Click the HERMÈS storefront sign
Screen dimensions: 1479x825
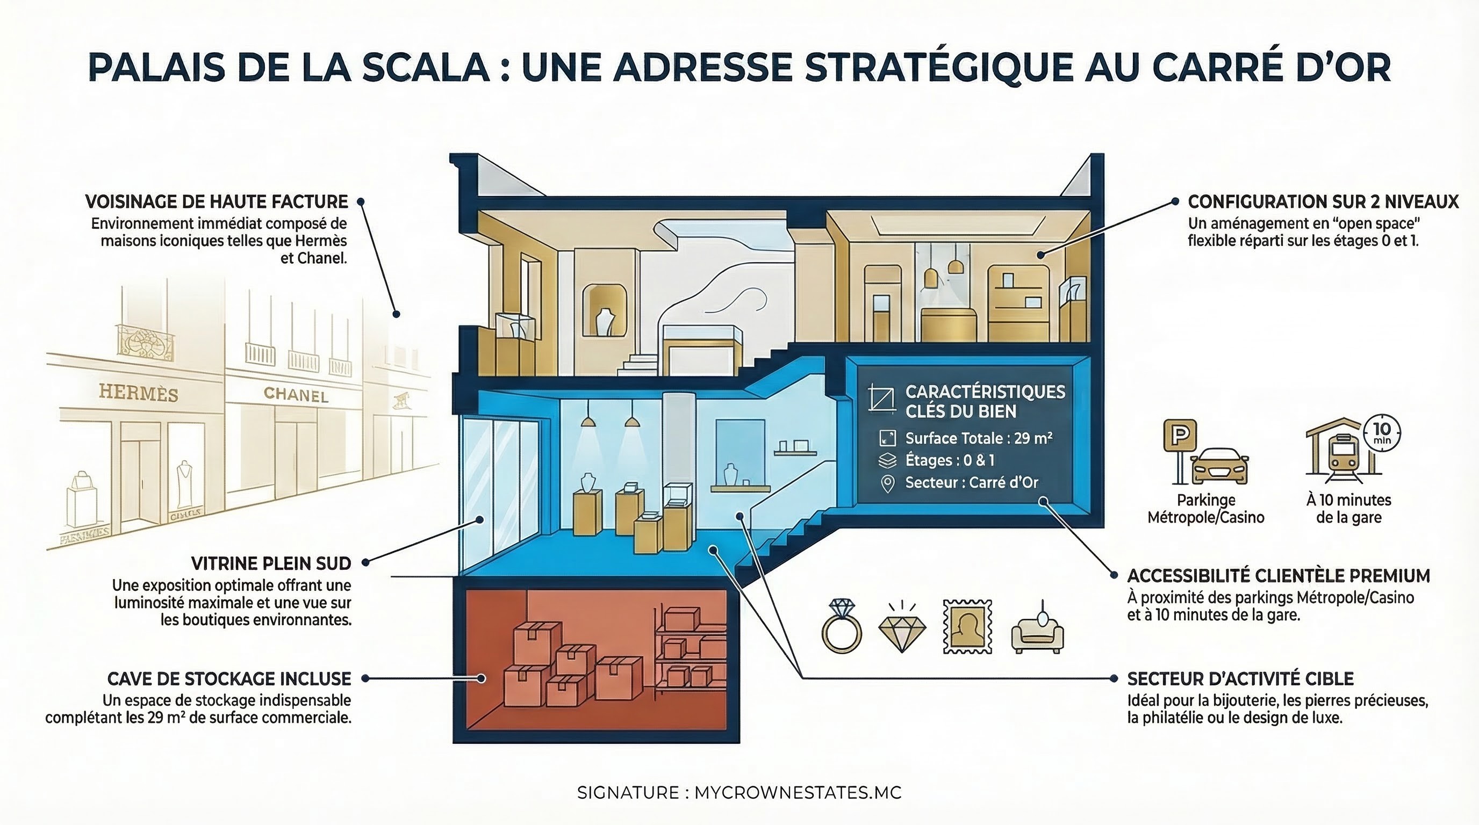138,393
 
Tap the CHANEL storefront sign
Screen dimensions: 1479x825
296,394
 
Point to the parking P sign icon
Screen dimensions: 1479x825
1180,436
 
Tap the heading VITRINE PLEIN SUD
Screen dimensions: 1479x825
271,563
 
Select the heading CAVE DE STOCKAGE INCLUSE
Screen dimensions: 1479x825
229,679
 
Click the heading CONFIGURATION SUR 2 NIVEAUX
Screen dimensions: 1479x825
1323,202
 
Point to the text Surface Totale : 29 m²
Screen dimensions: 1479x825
978,438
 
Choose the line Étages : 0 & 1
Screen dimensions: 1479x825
950,460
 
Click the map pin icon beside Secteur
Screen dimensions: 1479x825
888,483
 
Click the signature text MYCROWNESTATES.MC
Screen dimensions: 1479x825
798,792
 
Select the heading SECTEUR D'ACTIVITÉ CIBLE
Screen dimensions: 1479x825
1240,679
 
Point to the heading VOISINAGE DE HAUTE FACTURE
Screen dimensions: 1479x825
217,202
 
